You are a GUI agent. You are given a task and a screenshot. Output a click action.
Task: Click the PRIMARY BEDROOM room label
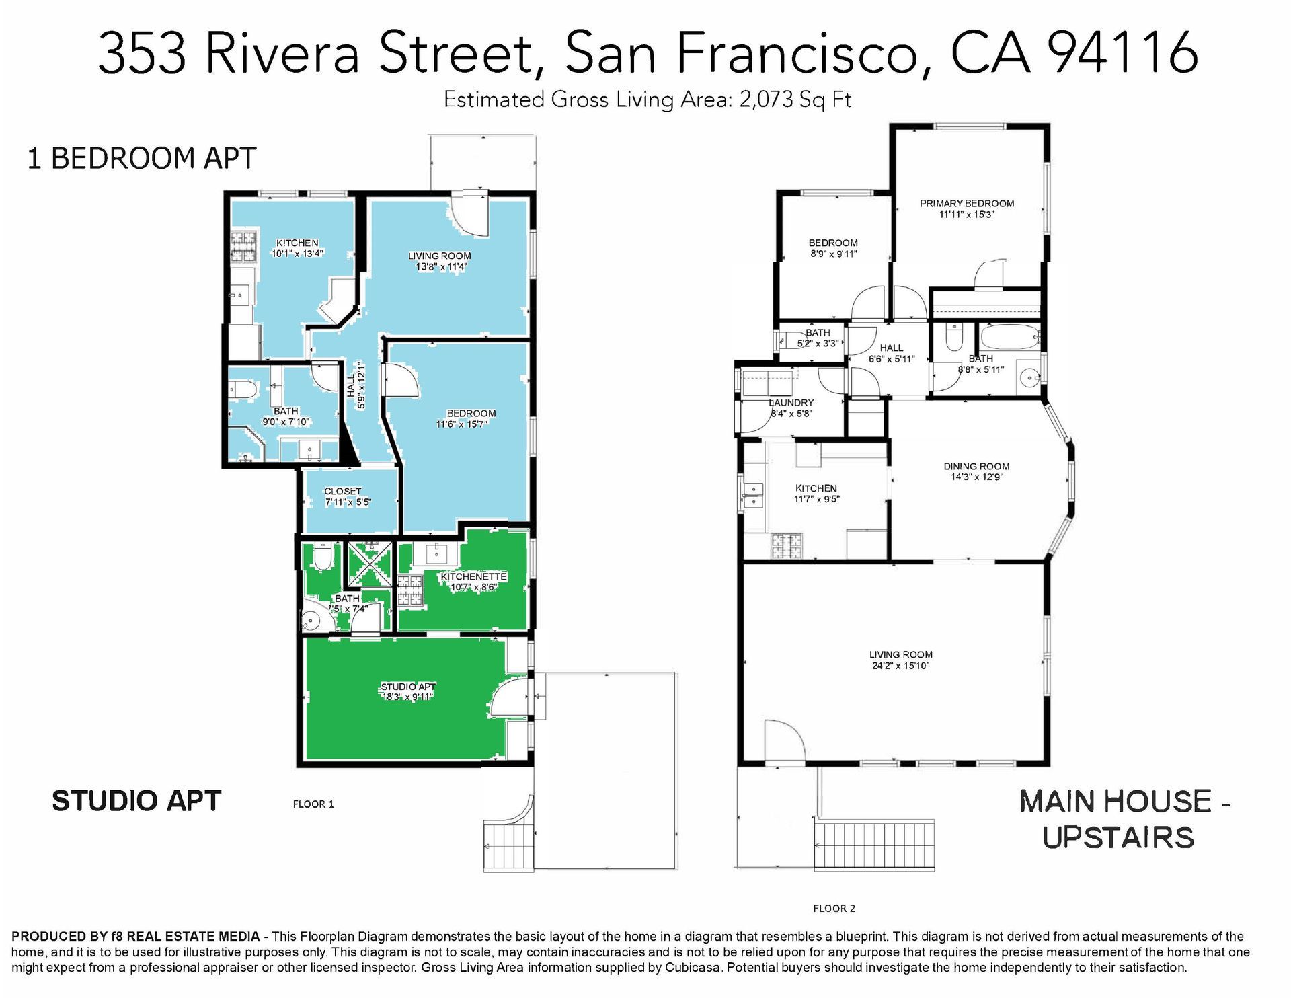[966, 203]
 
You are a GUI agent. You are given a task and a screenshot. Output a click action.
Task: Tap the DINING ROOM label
[976, 466]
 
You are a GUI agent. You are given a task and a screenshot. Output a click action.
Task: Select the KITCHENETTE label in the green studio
[473, 576]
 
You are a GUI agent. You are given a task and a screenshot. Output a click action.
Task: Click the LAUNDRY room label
[791, 402]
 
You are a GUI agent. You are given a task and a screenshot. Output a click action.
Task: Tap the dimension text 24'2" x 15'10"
[900, 666]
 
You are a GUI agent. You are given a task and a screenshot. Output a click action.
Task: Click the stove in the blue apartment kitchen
[244, 246]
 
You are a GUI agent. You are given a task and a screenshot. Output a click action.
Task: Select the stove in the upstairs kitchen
[787, 546]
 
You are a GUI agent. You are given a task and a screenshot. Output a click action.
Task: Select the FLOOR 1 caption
[313, 804]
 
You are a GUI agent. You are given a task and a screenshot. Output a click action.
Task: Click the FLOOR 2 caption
[834, 908]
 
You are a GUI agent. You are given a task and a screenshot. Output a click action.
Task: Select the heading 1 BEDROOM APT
[141, 159]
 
